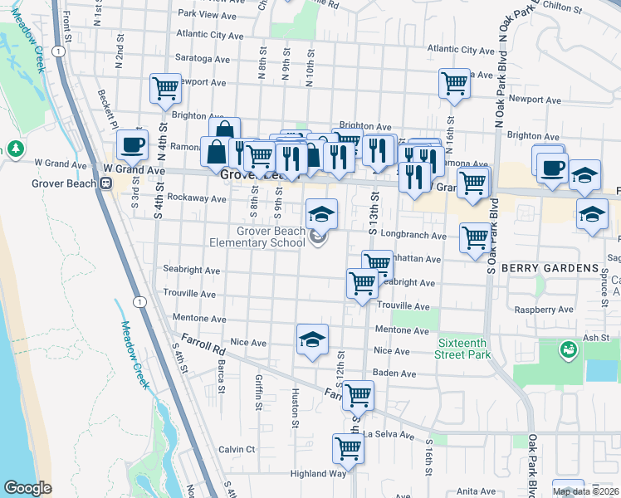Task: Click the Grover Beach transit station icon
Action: [106, 183]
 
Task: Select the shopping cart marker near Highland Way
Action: [348, 449]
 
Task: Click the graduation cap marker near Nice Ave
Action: [312, 339]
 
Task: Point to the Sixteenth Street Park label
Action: [462, 349]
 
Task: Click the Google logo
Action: [27, 488]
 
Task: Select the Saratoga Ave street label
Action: [202, 59]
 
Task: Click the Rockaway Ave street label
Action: [197, 198]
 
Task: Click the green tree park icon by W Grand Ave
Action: [15, 149]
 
